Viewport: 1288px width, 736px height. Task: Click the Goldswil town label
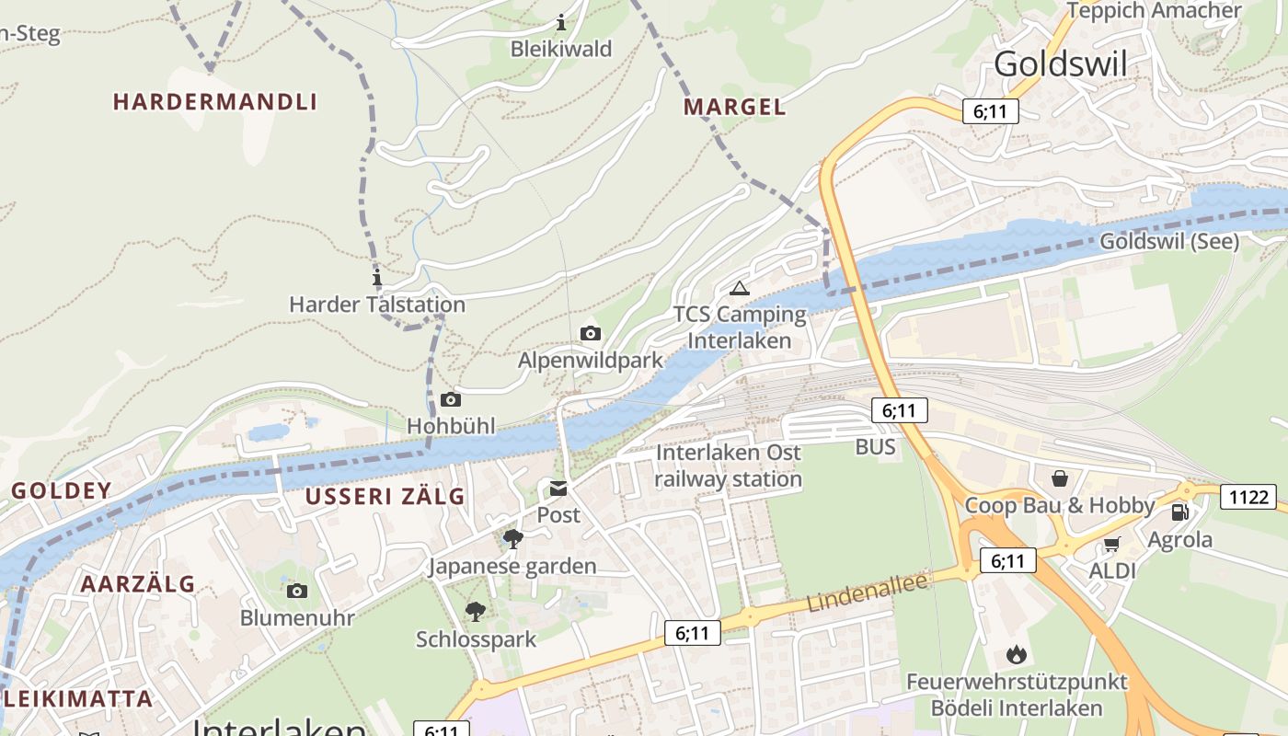point(1060,63)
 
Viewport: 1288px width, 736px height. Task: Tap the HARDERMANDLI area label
point(214,102)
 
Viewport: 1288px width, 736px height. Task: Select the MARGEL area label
point(734,107)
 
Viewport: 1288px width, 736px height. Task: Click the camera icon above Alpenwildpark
point(591,333)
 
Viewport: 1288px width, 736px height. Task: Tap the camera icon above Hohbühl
point(451,399)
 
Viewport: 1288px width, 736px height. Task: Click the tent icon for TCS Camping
point(739,288)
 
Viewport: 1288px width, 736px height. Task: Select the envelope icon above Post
point(558,489)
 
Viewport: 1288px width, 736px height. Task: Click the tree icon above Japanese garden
point(512,538)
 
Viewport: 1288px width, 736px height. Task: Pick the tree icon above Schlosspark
point(476,611)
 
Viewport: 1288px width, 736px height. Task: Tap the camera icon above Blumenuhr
point(296,591)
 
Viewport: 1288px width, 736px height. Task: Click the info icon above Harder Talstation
point(376,278)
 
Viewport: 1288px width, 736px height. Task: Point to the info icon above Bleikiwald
point(561,22)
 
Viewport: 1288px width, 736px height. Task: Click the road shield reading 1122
point(1248,498)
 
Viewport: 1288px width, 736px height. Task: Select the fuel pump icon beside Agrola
point(1179,512)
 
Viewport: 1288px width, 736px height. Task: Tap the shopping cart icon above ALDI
point(1111,545)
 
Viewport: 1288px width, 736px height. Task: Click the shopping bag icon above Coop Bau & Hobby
point(1060,478)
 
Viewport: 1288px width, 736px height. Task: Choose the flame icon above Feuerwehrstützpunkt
point(1016,655)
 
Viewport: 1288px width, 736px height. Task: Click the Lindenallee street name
point(867,591)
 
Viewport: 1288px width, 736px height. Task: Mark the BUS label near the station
point(875,447)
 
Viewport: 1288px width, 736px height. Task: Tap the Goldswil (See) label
point(1169,242)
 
